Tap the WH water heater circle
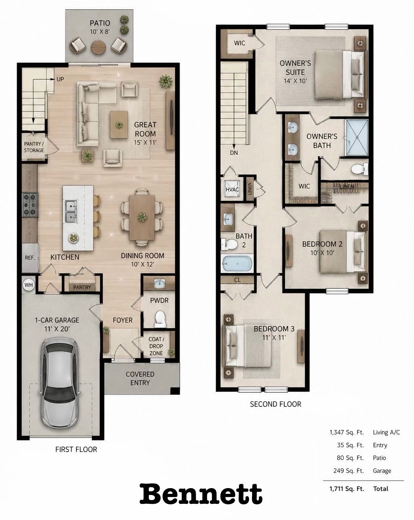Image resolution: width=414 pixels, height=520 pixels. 29,285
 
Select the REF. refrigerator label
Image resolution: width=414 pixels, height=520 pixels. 30,258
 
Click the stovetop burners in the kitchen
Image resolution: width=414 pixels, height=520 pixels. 30,205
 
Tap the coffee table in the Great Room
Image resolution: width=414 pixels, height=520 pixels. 119,125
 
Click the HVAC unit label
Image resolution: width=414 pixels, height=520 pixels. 232,189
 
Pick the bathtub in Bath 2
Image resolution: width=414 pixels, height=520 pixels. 237,263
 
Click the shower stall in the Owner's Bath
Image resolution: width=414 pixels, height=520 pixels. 357,137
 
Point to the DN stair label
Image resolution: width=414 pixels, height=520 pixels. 234,153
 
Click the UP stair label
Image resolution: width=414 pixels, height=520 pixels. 60,79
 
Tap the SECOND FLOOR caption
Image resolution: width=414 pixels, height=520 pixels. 275,404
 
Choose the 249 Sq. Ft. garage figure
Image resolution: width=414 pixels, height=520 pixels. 349,470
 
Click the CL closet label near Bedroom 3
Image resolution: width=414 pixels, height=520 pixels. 237,280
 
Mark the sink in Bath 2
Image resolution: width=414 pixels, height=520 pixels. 228,219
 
